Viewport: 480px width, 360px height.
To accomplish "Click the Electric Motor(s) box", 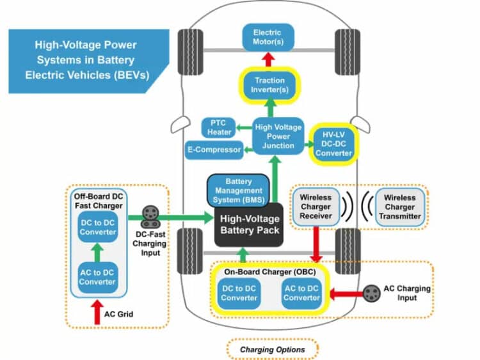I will tap(268, 37).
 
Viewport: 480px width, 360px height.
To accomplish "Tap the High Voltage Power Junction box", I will tap(273, 136).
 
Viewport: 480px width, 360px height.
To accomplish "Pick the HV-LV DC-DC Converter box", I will tap(331, 143).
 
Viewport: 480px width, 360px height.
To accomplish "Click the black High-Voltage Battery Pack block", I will tap(250, 224).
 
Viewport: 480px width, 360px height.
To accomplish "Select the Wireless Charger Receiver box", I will tap(315, 207).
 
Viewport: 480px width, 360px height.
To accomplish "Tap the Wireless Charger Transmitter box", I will tap(399, 207).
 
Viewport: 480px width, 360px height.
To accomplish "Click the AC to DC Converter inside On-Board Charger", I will tap(301, 293).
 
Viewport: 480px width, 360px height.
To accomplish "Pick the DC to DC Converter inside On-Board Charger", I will tap(240, 293).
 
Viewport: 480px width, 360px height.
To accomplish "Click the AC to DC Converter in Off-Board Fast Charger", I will tap(98, 277).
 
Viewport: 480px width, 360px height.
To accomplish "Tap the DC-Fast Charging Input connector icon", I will tap(152, 217).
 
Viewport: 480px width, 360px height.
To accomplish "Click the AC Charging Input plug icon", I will tap(370, 293).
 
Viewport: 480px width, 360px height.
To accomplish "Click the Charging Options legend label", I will tap(272, 349).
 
